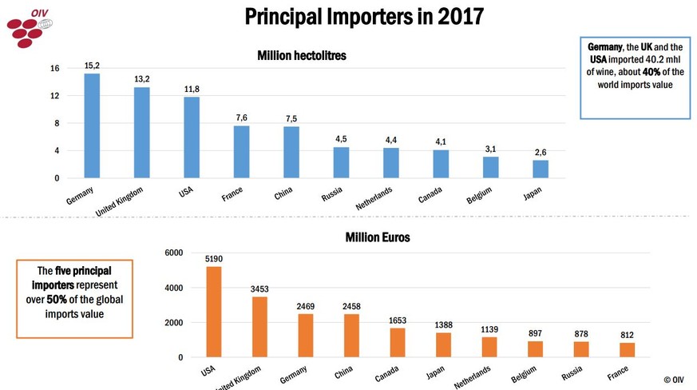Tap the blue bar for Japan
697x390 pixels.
[541, 169]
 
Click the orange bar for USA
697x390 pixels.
[214, 312]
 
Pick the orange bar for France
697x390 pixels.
[627, 350]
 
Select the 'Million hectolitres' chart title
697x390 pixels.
[302, 56]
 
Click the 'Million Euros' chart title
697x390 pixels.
[378, 237]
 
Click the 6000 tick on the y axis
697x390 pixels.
[173, 253]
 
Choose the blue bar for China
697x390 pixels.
[291, 152]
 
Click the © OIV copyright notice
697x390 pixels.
[674, 380]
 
